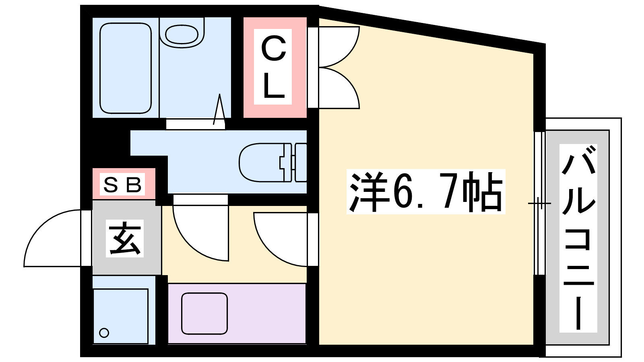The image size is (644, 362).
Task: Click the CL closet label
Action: [273, 67]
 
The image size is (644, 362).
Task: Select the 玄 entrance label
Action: [125, 238]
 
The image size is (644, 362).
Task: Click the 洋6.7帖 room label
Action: [426, 191]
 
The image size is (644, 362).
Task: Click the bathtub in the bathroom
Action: [126, 68]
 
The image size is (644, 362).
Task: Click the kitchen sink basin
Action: [204, 313]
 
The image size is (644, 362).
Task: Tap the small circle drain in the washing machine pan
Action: [104, 333]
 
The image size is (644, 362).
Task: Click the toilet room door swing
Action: [201, 233]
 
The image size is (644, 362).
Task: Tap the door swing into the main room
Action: [280, 239]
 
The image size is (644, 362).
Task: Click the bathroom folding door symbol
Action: [219, 109]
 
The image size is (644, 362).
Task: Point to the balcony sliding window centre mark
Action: [539, 204]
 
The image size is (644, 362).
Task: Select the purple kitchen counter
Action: [237, 313]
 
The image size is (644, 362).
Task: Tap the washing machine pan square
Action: [120, 316]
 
